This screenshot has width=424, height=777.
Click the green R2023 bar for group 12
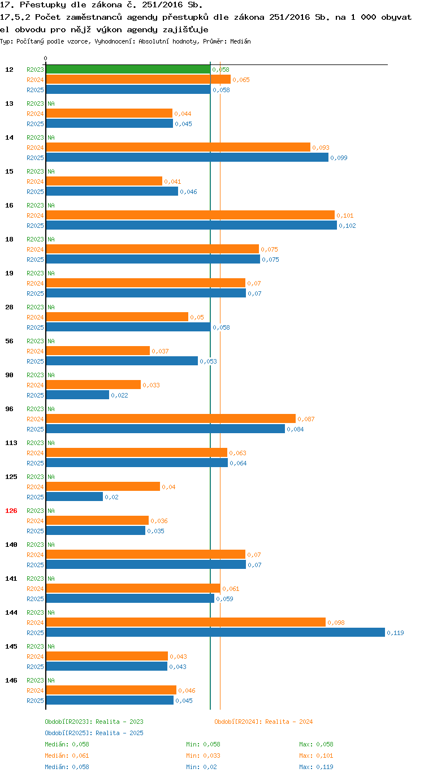point(128,70)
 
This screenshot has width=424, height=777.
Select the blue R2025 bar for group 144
point(215,632)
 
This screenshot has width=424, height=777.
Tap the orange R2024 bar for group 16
point(191,215)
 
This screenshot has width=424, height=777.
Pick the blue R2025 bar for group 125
point(75,497)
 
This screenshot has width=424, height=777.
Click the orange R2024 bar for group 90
point(93,385)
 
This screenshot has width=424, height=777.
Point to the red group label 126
point(11,511)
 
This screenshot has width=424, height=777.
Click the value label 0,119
point(395,633)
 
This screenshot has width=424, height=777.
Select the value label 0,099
point(339,158)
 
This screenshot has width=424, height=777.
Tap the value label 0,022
point(120,395)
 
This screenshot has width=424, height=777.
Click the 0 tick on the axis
point(45,58)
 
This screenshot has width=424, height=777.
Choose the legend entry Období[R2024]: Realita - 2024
point(263,722)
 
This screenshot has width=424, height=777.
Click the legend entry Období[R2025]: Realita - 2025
point(94,733)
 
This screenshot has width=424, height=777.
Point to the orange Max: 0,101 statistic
point(316,756)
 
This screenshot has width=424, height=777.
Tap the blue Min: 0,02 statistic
point(201,767)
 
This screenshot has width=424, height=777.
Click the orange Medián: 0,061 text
point(67,756)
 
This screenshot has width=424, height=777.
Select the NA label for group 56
point(51,341)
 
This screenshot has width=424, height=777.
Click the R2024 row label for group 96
point(36,419)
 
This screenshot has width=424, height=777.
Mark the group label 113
point(11,443)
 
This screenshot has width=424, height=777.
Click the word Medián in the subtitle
point(240,41)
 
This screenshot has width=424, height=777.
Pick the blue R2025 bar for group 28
point(128,327)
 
